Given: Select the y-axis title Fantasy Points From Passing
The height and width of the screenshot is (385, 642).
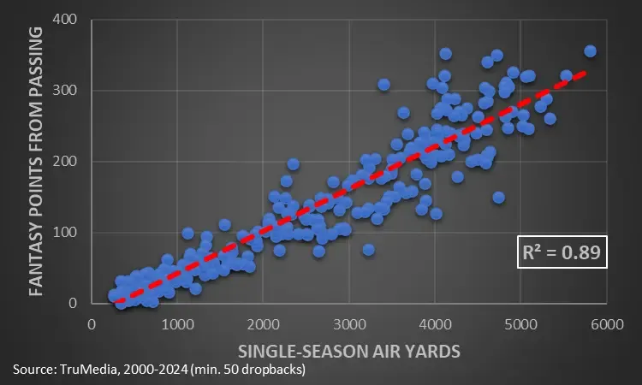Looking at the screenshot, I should (37, 161).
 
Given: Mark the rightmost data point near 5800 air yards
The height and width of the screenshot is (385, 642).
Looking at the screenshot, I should (590, 51).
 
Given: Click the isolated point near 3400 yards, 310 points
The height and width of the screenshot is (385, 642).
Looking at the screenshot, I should (383, 84).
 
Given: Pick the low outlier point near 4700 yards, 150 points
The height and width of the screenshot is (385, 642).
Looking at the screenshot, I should (498, 198).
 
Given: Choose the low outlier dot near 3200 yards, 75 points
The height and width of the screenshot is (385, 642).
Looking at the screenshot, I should (369, 250).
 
